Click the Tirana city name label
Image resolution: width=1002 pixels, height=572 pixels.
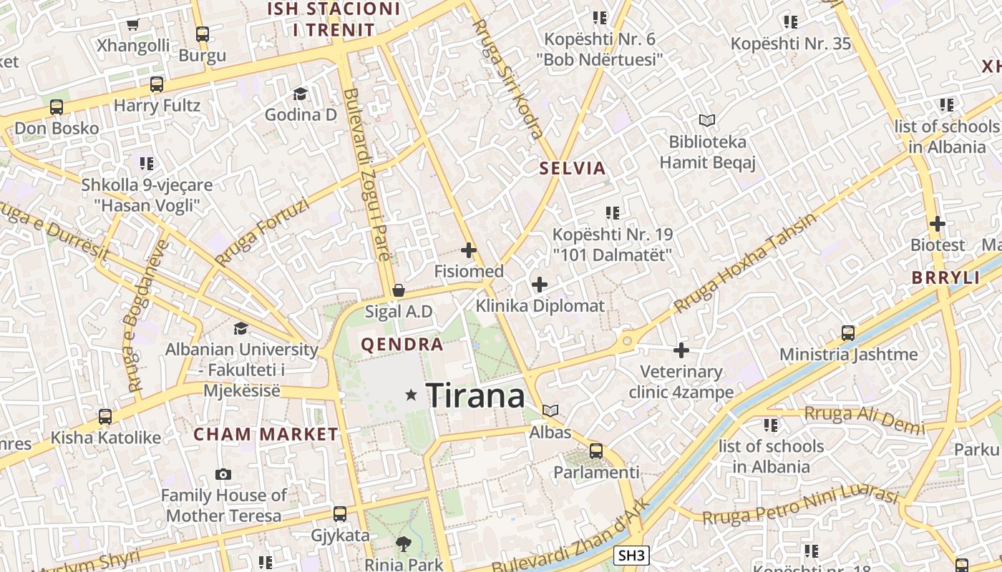(x=475, y=395)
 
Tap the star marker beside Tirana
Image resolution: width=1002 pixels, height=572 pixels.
(x=411, y=395)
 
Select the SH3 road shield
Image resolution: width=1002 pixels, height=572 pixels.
(x=632, y=556)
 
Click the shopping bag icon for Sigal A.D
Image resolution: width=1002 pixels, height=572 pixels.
(x=399, y=290)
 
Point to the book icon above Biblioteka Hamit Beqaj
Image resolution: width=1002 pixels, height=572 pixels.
(x=707, y=121)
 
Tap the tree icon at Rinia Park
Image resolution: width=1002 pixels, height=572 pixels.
(x=404, y=544)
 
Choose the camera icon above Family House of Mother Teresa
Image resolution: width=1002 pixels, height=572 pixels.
(x=223, y=474)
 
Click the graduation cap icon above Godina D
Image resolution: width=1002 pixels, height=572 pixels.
(x=300, y=94)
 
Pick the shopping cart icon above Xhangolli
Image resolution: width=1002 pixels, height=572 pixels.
(x=132, y=25)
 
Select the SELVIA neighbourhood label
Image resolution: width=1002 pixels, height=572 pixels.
(x=573, y=169)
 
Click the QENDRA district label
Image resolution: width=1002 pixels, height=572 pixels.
(x=402, y=345)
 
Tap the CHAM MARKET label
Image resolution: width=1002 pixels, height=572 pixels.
(x=266, y=434)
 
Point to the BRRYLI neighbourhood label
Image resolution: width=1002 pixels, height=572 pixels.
(x=945, y=278)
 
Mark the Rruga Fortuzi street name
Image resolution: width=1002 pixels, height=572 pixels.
(x=262, y=232)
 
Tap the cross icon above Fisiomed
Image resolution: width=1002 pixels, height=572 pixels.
(x=469, y=250)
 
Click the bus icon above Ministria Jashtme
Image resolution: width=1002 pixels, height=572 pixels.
(x=848, y=332)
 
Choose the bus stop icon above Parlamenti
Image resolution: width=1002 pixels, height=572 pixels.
(x=596, y=451)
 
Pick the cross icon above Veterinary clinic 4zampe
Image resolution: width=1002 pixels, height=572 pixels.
(x=681, y=350)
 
